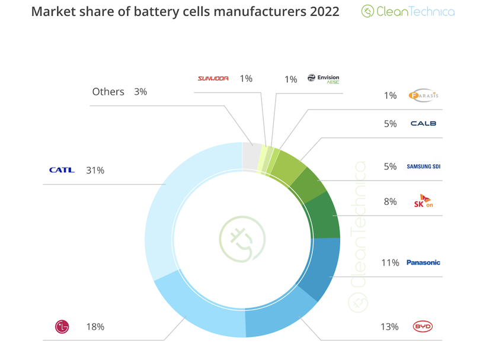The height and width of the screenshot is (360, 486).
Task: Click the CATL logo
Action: pyautogui.click(x=62, y=170)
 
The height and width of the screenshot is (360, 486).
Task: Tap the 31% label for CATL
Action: pyautogui.click(x=95, y=171)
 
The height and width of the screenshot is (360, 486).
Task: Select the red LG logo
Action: pyautogui.click(x=62, y=326)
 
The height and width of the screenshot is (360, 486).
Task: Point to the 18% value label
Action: pyautogui.click(x=95, y=327)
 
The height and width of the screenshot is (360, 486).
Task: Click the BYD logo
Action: pyautogui.click(x=423, y=326)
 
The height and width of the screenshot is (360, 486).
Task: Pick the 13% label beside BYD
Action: pyautogui.click(x=390, y=327)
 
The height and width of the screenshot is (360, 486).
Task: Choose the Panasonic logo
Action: pyautogui.click(x=423, y=262)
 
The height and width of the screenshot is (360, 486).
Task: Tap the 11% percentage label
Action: pyautogui.click(x=390, y=263)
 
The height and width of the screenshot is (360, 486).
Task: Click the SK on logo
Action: pyautogui.click(x=423, y=201)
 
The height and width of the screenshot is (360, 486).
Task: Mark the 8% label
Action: pyautogui.click(x=390, y=201)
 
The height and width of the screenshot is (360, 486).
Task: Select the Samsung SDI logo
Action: pyautogui.click(x=423, y=166)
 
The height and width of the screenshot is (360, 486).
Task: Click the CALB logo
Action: pyautogui.click(x=423, y=124)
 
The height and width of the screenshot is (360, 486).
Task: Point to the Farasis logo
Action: pyautogui.click(x=423, y=95)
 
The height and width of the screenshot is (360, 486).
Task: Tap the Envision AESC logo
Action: pyautogui.click(x=324, y=79)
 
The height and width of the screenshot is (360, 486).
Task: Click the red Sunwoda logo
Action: pyautogui.click(x=213, y=79)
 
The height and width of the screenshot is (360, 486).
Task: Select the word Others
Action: pyautogui.click(x=108, y=92)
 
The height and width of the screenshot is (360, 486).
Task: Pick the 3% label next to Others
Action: pyautogui.click(x=140, y=92)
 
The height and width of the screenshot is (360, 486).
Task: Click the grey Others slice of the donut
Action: pyautogui.click(x=251, y=156)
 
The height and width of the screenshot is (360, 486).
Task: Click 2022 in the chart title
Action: pyautogui.click(x=323, y=11)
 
